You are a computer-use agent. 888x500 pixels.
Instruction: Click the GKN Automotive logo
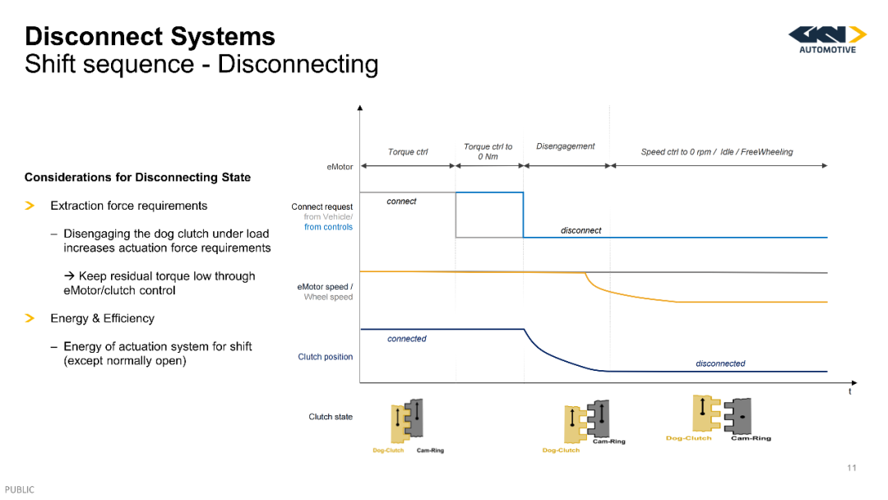(827, 39)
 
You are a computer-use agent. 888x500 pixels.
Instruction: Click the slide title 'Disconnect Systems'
(150, 36)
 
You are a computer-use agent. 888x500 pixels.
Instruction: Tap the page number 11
(852, 468)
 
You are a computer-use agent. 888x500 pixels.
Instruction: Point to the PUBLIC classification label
(20, 490)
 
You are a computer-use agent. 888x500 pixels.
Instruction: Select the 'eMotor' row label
(340, 166)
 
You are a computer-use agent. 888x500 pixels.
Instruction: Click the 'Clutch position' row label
(325, 357)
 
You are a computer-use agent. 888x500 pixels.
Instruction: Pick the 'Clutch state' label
(331, 417)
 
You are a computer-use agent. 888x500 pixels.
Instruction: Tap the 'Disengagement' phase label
(565, 146)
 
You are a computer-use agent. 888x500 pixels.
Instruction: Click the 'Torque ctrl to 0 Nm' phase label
(488, 151)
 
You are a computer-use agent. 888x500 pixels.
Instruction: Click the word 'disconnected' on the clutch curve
(720, 363)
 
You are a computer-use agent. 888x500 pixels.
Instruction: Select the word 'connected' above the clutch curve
(407, 339)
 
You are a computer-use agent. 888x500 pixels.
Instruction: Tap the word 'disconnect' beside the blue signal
(581, 230)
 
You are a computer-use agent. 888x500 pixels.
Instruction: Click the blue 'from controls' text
(328, 227)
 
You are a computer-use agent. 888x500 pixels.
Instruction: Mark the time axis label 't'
(849, 391)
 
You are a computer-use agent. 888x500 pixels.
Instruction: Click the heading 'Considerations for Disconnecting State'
(137, 178)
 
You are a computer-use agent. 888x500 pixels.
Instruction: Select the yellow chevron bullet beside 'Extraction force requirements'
(30, 206)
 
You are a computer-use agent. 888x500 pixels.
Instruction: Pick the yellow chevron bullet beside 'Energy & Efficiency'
(30, 318)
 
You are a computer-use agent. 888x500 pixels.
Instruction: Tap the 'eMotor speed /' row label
(325, 286)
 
